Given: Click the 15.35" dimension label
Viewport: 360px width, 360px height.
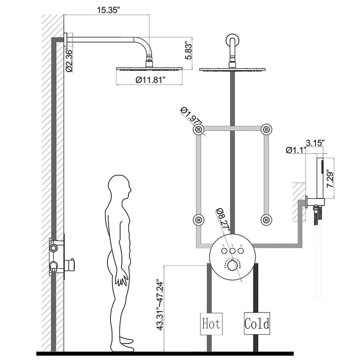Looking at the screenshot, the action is click(108, 10).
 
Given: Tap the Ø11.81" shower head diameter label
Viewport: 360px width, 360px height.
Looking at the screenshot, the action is click(150, 80).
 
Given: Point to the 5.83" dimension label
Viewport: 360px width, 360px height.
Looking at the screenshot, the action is click(188, 50).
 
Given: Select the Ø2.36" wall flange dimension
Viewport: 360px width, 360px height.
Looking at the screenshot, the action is click(69, 59).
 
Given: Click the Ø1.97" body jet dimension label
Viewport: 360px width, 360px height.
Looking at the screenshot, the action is click(191, 116).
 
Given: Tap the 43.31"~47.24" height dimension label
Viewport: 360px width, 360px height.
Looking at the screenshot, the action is click(159, 304).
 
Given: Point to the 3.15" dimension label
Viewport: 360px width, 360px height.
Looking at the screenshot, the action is click(315, 143).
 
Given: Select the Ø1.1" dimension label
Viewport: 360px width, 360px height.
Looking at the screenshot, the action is click(296, 150).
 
